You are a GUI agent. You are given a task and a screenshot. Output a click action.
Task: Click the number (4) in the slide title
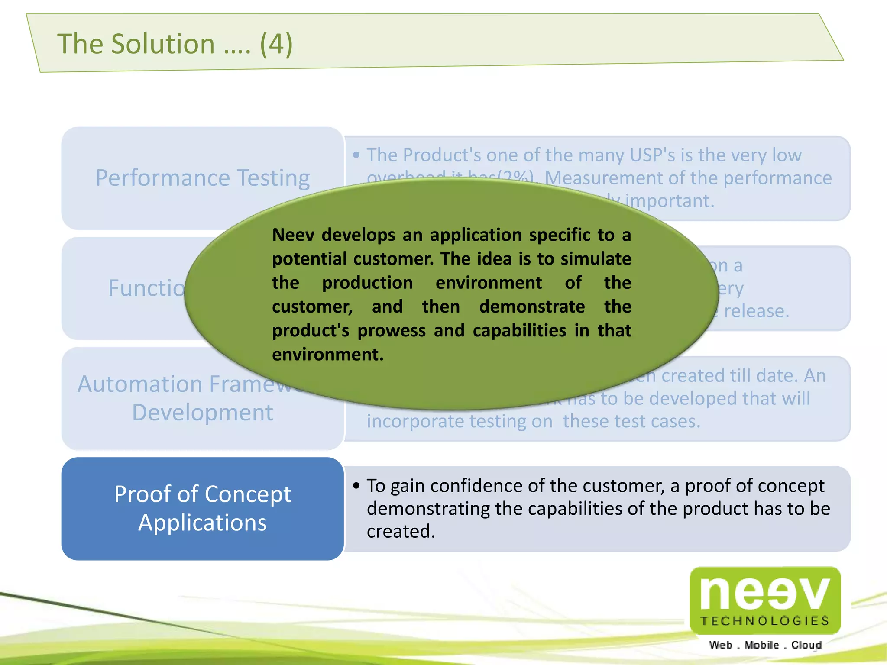[276, 44]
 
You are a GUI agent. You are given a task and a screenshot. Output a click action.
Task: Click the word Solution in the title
[163, 44]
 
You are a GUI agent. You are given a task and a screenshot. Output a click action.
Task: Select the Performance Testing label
[203, 178]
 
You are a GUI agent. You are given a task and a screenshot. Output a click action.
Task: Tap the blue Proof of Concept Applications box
[203, 508]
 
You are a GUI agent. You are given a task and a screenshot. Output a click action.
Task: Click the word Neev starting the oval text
[293, 235]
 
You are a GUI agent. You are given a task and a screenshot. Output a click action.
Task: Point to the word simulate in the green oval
[596, 259]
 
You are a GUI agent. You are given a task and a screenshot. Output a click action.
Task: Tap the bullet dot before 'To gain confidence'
[356, 486]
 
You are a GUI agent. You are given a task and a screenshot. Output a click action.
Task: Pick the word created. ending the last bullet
[401, 532]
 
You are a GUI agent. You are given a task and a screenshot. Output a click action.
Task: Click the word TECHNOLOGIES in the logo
[765, 621]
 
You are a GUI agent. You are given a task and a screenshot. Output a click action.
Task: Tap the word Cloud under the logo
[806, 645]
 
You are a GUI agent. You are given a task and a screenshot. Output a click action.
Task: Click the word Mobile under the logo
[761, 645]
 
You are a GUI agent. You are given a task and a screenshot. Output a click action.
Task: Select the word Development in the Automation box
[203, 412]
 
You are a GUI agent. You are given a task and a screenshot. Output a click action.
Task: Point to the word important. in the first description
[669, 201]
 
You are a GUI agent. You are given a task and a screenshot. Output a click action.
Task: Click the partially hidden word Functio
[146, 288]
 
